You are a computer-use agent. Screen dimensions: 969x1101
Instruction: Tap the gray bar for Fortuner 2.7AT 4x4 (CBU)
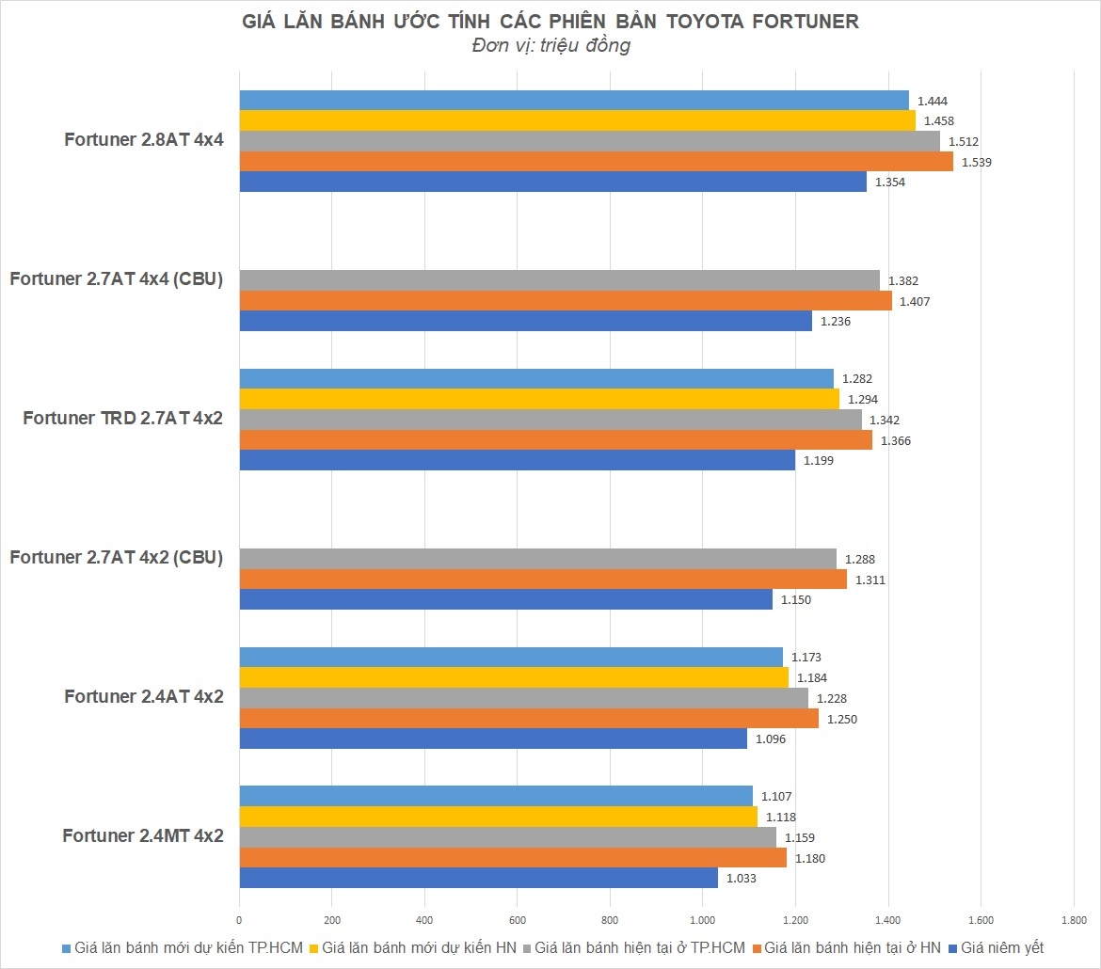click(x=559, y=280)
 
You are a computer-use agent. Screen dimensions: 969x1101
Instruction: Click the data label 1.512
click(x=964, y=142)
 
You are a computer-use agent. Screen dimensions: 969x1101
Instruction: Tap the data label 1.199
click(x=818, y=461)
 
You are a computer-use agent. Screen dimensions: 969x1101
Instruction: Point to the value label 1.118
click(x=781, y=818)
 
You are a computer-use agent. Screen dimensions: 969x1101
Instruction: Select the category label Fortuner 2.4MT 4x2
click(x=143, y=835)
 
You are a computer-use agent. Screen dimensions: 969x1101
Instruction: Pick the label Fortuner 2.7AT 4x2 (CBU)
click(x=116, y=557)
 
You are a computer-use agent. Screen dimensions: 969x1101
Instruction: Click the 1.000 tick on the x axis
click(x=702, y=918)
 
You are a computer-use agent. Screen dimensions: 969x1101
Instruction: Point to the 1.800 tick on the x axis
click(x=1073, y=918)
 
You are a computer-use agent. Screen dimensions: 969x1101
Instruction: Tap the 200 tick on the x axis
click(x=331, y=918)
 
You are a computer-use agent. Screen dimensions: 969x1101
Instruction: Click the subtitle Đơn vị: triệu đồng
click(x=550, y=46)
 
